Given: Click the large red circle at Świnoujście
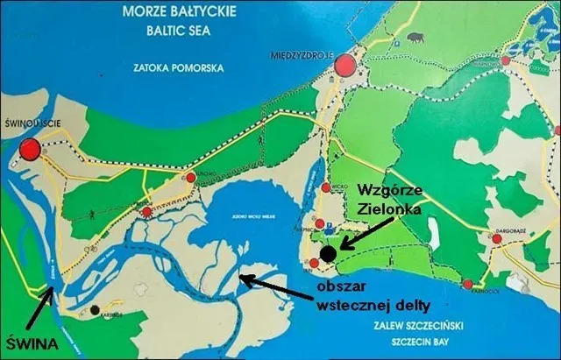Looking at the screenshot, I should tap(32, 148).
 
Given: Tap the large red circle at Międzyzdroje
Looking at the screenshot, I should tap(345, 65).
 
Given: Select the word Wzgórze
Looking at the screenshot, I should tap(390, 189).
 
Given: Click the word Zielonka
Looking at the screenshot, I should tap(391, 211).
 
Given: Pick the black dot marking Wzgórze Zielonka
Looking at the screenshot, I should tap(327, 254).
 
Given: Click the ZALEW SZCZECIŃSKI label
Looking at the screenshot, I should tap(424, 325).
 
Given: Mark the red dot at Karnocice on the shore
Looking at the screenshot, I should tap(467, 285).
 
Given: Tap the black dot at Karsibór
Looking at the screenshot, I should tap(94, 310).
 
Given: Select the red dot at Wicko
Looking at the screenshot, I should tap(325, 187).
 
